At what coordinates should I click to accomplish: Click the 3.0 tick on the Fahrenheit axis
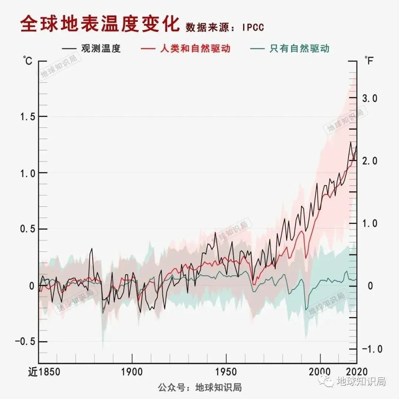(x=369, y=98)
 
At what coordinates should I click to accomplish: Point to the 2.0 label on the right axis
(x=369, y=161)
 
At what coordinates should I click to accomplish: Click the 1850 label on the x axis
(x=49, y=372)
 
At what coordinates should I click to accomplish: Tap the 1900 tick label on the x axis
(x=132, y=372)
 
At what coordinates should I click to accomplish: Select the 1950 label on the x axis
(x=226, y=372)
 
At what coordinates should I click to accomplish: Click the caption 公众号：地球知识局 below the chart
(x=200, y=388)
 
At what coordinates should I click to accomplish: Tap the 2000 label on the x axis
(x=320, y=372)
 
